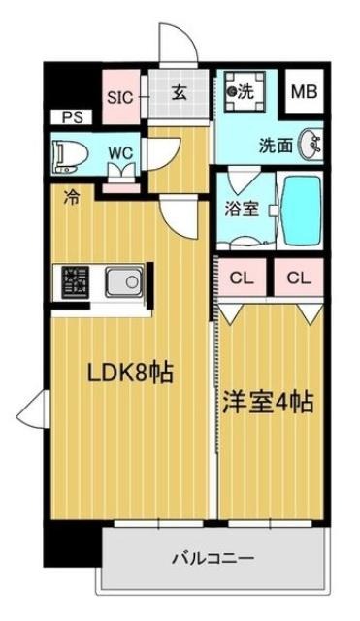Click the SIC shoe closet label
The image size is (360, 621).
click(x=120, y=97)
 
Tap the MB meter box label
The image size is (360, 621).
click(x=304, y=92)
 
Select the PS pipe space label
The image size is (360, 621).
click(x=72, y=117)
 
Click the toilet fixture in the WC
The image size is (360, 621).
click(x=71, y=157)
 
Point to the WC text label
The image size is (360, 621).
click(x=120, y=153)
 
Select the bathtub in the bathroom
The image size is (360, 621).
click(x=300, y=211)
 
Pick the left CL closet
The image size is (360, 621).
click(x=242, y=278)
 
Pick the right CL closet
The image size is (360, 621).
click(x=299, y=278)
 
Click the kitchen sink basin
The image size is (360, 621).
click(x=124, y=281)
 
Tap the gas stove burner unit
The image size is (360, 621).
click(x=75, y=281)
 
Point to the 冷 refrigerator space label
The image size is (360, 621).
click(x=72, y=197)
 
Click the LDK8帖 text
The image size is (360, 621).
click(x=130, y=373)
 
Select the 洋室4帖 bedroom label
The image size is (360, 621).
click(x=269, y=403)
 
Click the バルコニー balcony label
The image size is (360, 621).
click(x=213, y=559)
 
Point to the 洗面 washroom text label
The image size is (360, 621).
click(x=276, y=147)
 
